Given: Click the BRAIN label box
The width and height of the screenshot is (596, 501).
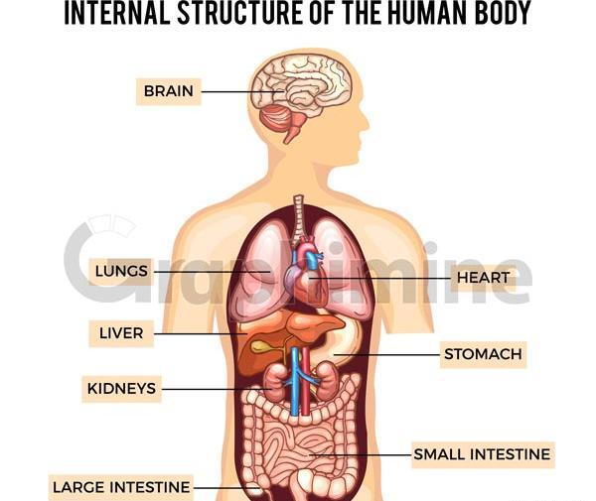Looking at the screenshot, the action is click(x=169, y=91).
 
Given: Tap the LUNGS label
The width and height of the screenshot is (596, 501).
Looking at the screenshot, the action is click(x=121, y=272).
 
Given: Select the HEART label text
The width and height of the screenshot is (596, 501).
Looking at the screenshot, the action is click(x=483, y=278).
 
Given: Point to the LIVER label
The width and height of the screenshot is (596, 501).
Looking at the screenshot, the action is click(x=121, y=333).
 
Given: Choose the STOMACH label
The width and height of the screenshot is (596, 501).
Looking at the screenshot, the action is click(x=483, y=354).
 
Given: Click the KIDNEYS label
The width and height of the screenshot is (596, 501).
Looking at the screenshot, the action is click(x=121, y=389).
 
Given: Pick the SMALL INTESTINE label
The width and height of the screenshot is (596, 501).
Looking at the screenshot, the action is click(x=483, y=454).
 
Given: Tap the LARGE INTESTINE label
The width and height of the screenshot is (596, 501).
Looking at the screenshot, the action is click(x=121, y=487).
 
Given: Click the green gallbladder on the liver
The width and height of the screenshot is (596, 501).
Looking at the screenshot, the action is click(x=262, y=346).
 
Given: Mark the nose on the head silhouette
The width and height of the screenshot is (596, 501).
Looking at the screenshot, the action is click(x=365, y=122).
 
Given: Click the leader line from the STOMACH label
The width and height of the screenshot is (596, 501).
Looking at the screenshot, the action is click(x=387, y=355).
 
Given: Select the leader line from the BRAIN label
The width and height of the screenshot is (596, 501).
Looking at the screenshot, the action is click(x=242, y=92).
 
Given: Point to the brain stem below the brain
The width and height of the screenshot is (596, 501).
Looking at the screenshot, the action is click(x=293, y=131).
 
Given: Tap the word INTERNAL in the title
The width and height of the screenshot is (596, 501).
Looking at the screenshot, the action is click(x=117, y=13).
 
